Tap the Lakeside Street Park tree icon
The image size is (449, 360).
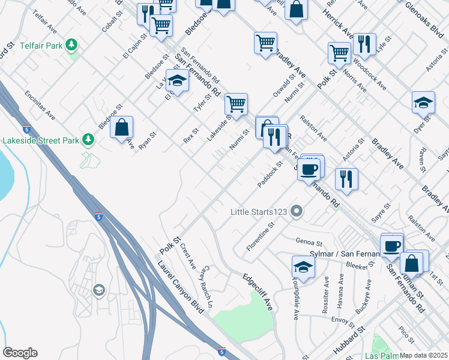89,140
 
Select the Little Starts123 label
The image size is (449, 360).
259,212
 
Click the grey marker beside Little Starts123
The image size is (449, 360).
296,211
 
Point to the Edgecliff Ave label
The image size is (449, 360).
258,292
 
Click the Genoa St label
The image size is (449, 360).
310,242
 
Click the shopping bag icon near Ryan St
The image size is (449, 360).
121,127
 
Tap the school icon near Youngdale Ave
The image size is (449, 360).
303,266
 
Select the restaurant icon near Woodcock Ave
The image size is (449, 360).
364,43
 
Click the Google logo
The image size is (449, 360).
20,353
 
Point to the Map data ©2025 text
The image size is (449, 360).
423,355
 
